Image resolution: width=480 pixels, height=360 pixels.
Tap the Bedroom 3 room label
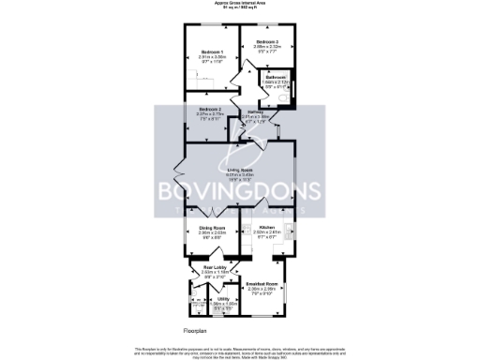pyautogui.click(x=268, y=42)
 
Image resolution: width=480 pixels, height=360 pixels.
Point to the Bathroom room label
pyautogui.click(x=274, y=77)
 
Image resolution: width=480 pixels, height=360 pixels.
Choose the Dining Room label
pyautogui.click(x=212, y=228)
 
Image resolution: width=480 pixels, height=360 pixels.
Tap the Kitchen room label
pyautogui.click(x=266, y=228)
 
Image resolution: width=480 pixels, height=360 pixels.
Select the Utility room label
pyautogui.click(x=223, y=297)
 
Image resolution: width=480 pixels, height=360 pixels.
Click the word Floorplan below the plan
pyautogui.click(x=194, y=331)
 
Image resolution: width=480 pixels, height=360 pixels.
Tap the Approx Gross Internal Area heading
pyautogui.click(x=240, y=3)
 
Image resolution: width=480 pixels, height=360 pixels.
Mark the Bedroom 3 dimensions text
pyautogui.click(x=268, y=49)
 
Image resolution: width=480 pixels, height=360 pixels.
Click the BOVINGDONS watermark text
pyautogui.click(x=240, y=191)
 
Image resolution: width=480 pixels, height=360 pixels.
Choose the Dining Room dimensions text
pyautogui.click(x=212, y=234)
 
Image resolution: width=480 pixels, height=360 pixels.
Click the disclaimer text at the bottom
pyautogui.click(x=240, y=350)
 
